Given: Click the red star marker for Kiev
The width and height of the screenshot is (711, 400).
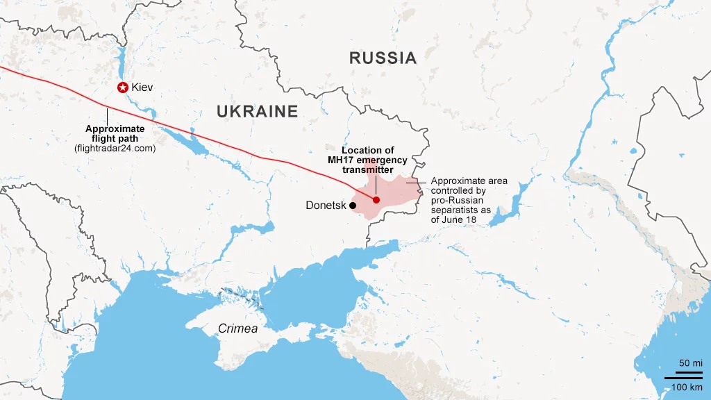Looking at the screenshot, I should [123, 87].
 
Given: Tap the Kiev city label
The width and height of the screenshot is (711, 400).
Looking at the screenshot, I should [142, 87].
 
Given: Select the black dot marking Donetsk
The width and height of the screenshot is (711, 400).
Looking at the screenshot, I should [353, 206].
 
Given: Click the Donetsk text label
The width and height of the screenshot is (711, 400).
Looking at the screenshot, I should [326, 206].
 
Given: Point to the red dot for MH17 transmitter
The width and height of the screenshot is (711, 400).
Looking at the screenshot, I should [376, 200].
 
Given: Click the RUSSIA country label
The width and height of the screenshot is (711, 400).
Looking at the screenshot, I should [383, 58].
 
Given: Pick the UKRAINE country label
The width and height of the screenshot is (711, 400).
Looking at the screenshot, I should [256, 111].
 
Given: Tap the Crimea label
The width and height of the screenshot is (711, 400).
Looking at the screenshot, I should [237, 328].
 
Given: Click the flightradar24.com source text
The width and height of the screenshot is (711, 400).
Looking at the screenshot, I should [115, 149].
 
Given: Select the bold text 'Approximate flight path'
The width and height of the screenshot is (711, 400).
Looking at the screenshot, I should [115, 133].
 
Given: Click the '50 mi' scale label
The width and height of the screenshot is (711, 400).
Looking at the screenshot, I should [690, 364].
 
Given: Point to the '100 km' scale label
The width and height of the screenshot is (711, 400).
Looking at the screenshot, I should [687, 387].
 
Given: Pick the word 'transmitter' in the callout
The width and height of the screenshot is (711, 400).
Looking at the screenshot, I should [367, 170].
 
